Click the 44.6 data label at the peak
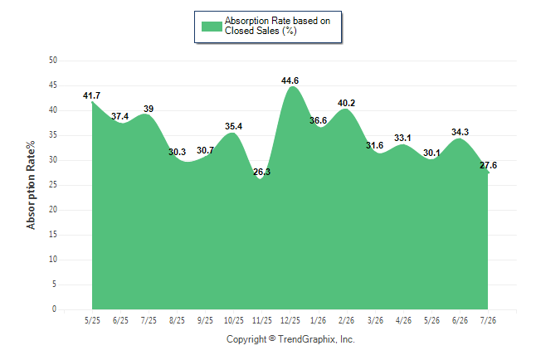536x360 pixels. pos(290,80)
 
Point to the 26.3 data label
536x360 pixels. pos(262,172)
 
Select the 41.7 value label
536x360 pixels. pos(91,95)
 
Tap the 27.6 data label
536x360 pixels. pos(488,165)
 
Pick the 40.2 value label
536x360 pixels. pos(346,103)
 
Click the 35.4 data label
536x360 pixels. pos(233,126)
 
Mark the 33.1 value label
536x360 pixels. pos(402,139)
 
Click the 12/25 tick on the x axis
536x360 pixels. pos(290,320)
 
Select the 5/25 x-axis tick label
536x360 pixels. pos(92,320)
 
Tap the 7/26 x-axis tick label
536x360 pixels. pos(488,320)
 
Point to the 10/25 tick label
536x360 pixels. pos(234,320)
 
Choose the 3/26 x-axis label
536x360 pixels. pos(375,320)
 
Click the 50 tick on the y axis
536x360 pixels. pos(53,61)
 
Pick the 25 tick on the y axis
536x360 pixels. pos(53,185)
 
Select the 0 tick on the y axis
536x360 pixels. pos(55,309)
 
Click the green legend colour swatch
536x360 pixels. pos(212,27)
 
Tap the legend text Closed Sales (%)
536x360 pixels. pos(261,32)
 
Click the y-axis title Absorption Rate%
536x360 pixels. pos(31,185)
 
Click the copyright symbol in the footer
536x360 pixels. pos(272,338)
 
